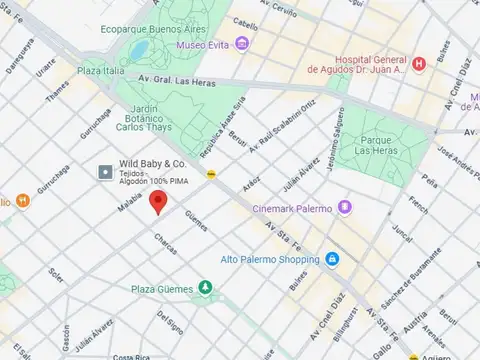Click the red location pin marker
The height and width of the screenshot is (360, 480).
pyautogui.click(x=157, y=202)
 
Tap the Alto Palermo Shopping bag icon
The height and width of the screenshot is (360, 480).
pyautogui.click(x=332, y=259)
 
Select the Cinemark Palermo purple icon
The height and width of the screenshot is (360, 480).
pyautogui.click(x=345, y=207)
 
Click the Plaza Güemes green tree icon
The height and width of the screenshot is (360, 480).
pyautogui.click(x=205, y=288)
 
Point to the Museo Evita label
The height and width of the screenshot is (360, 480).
pyautogui.click(x=207, y=45)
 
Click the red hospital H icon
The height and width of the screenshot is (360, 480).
pyautogui.click(x=419, y=64)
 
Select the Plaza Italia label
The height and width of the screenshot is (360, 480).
pyautogui.click(x=103, y=71)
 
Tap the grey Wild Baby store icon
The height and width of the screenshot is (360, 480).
pyautogui.click(x=105, y=173)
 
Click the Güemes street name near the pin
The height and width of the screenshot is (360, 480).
pyautogui.click(x=195, y=220)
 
